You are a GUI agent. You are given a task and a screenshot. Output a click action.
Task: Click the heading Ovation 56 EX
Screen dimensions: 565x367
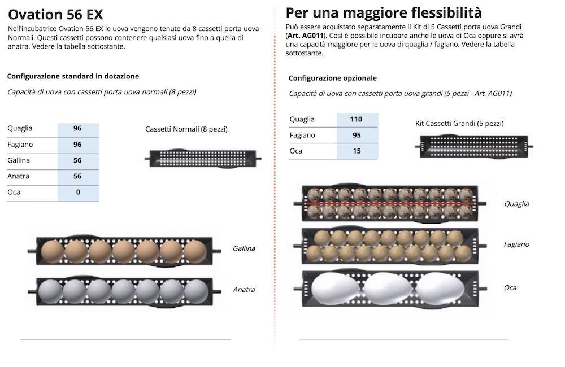click(55, 15)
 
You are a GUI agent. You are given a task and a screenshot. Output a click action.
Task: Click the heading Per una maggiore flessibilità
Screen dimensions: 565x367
click(384, 12)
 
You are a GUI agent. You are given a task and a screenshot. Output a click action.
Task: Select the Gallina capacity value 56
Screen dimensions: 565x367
click(77, 160)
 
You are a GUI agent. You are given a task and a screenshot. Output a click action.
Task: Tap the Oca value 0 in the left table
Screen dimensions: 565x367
click(78, 193)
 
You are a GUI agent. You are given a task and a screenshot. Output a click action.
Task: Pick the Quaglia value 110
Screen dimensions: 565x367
click(356, 119)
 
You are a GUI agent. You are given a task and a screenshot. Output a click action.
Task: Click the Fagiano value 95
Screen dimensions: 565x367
click(357, 135)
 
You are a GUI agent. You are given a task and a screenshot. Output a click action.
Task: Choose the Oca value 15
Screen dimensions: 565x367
click(357, 151)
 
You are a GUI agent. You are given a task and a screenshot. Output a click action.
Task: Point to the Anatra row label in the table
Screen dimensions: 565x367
click(19, 176)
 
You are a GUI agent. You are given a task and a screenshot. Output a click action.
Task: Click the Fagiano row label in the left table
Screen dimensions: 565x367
click(20, 145)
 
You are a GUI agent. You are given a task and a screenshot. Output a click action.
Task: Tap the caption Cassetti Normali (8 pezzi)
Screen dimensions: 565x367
click(186, 129)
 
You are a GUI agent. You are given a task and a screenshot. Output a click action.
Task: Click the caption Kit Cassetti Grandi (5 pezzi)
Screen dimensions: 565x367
click(459, 124)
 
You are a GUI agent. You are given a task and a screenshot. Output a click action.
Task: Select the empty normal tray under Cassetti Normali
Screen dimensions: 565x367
click(203, 159)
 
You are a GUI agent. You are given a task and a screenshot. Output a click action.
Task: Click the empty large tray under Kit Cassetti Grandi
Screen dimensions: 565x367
click(474, 146)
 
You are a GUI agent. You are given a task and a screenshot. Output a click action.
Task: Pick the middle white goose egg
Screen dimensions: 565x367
click(388, 289)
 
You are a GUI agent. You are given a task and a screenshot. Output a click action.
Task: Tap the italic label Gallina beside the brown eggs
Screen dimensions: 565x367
click(244, 248)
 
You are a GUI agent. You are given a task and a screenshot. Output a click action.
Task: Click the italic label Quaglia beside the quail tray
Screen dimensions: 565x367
click(517, 204)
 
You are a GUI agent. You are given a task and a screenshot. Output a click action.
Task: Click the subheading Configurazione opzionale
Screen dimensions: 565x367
click(333, 78)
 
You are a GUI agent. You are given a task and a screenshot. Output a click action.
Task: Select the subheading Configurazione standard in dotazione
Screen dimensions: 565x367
click(73, 76)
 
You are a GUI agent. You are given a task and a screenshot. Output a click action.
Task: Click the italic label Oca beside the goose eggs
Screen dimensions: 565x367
click(510, 288)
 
